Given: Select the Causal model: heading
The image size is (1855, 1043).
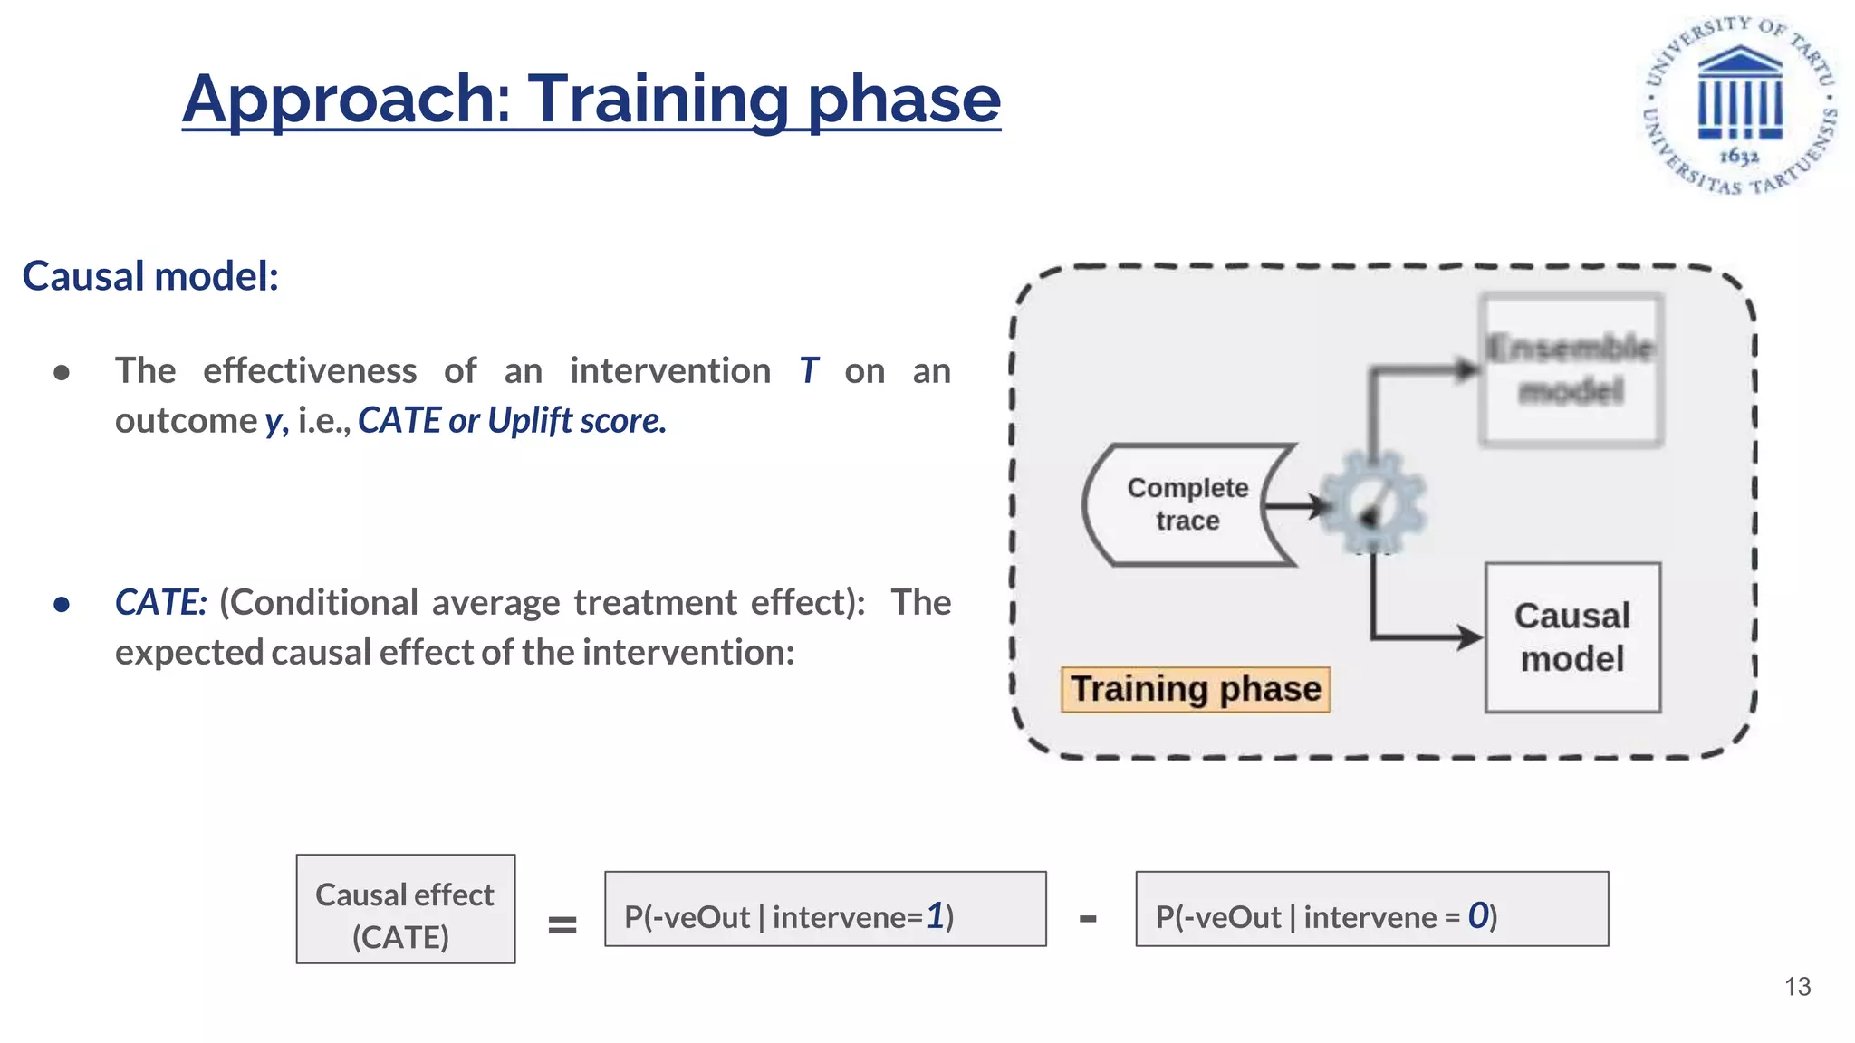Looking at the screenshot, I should click(150, 276).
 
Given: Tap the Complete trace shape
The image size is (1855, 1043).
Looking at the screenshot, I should click(1187, 505).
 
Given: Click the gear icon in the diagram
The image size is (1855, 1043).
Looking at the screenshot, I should click(1373, 503).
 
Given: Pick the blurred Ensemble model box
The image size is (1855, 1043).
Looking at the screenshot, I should click(1571, 369).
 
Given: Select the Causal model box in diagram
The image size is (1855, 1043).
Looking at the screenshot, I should click(1572, 637).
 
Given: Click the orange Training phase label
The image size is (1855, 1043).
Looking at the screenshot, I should click(1195, 690).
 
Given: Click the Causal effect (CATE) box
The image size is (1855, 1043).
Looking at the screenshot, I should click(405, 909).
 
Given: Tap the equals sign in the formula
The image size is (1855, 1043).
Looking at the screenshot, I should click(562, 924).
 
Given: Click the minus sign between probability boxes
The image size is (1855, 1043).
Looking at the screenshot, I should click(1088, 919).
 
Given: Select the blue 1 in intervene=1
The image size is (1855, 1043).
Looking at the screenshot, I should click(935, 916).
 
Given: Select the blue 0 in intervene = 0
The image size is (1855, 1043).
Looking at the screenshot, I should click(1478, 916).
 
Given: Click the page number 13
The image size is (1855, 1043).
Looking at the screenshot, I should click(1797, 987).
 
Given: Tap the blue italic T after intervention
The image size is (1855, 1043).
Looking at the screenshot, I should click(808, 371).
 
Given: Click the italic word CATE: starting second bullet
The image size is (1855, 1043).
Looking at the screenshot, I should click(160, 603).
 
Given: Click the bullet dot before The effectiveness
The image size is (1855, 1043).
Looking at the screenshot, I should click(62, 373).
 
